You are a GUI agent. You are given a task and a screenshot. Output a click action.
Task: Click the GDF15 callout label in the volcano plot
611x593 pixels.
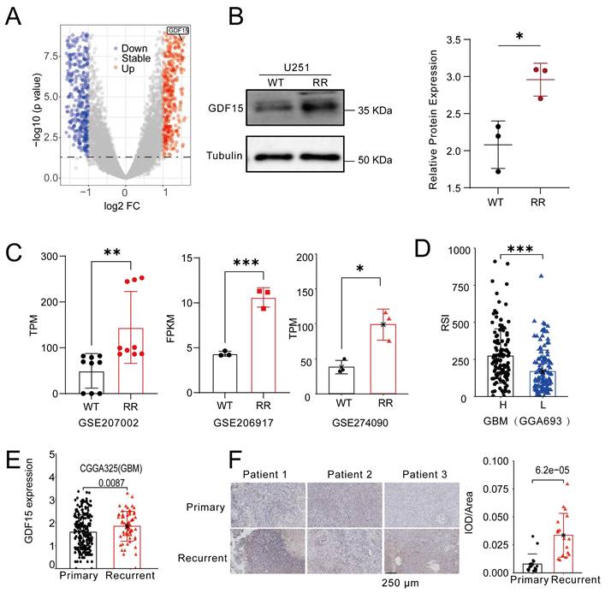click(x=178, y=30)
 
